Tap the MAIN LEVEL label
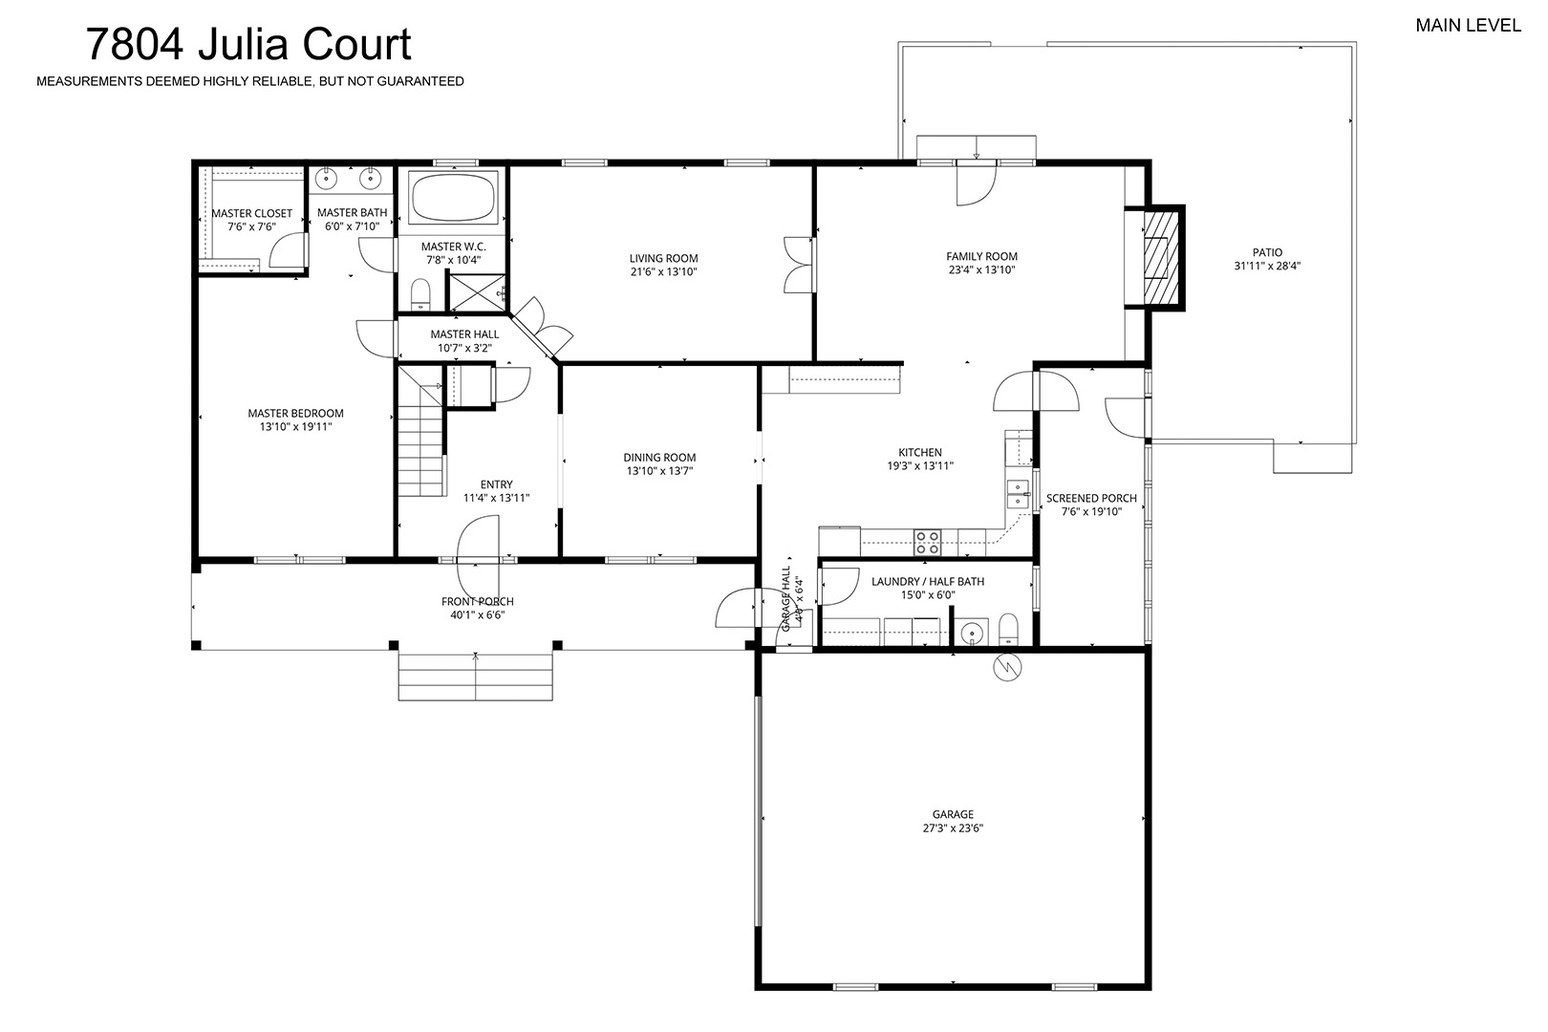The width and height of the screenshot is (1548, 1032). (x=1469, y=26)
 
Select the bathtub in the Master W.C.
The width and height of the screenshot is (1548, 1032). (x=454, y=197)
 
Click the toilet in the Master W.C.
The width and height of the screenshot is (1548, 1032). (x=420, y=294)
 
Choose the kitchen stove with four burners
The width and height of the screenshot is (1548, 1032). (x=928, y=543)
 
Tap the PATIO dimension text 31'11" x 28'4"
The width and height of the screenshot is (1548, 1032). (x=1267, y=266)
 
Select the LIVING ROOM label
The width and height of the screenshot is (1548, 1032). (x=663, y=259)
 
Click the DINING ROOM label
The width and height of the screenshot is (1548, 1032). (x=659, y=458)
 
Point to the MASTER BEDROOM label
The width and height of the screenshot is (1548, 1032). (x=296, y=414)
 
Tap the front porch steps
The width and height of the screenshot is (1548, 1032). (x=476, y=676)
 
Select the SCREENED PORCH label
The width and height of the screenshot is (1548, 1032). (x=1091, y=499)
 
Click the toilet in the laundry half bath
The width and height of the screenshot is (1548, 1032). (x=1008, y=630)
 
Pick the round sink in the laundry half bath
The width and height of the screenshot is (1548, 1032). (x=973, y=633)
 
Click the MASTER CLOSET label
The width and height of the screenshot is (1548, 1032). (x=251, y=214)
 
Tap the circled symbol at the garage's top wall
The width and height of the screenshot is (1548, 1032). (x=1007, y=667)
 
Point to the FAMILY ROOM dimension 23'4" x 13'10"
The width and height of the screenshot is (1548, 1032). (x=981, y=269)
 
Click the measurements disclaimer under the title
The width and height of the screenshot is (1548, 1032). (x=250, y=81)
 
